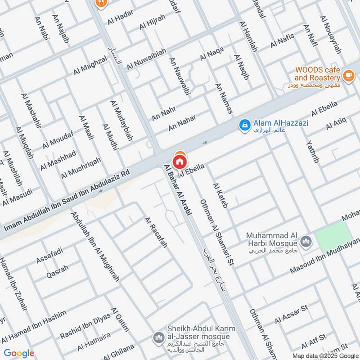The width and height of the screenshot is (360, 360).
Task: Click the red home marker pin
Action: point(180,161)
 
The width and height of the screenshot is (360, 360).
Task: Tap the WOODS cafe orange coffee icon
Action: point(348,75)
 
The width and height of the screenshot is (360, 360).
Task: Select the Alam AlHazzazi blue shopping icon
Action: point(244,125)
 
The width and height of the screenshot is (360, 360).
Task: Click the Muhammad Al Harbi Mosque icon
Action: point(306,242)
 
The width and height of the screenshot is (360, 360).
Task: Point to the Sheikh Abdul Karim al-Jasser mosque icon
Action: point(158,337)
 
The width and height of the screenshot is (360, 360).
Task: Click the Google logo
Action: point(19,353)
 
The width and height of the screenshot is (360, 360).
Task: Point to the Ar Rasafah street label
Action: point(156,232)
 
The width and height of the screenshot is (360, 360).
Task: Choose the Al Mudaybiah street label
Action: point(121,121)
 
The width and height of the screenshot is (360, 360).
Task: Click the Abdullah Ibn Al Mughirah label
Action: point(95,246)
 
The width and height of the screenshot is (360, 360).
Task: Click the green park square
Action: point(333,237)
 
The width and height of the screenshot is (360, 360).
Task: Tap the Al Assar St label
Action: point(291,314)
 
